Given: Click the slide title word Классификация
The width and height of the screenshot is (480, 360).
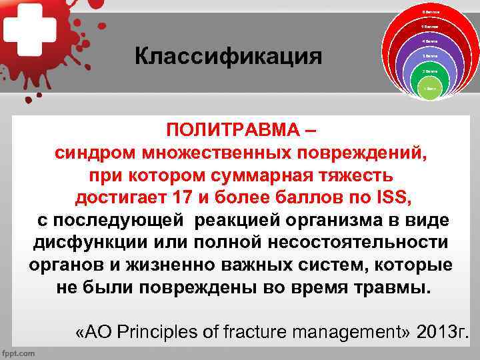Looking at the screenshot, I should (x=228, y=56).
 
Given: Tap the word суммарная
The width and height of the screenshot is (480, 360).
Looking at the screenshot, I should (x=264, y=175).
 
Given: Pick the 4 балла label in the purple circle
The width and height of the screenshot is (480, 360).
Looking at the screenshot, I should (x=429, y=42).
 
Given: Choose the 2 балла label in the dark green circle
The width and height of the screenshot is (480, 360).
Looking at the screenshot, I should (x=429, y=71).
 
